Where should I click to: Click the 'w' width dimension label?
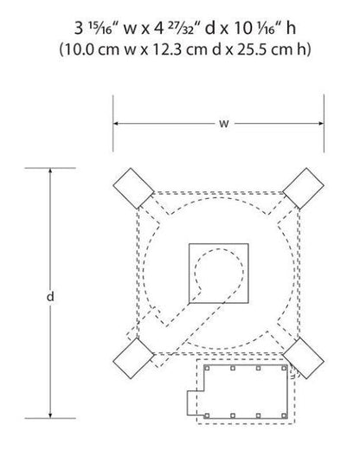tap(224, 124)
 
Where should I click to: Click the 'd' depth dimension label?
tap(50, 296)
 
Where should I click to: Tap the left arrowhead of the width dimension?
tap(116, 124)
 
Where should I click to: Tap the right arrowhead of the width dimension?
tap(321, 124)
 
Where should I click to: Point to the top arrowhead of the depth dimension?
tap(50, 171)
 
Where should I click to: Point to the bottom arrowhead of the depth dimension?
tap(50, 416)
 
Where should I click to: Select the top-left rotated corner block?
tap(133, 189)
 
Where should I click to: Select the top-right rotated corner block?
tap(303, 189)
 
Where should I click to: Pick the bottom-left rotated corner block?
tap(133, 358)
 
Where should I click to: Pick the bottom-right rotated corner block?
tap(303, 358)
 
